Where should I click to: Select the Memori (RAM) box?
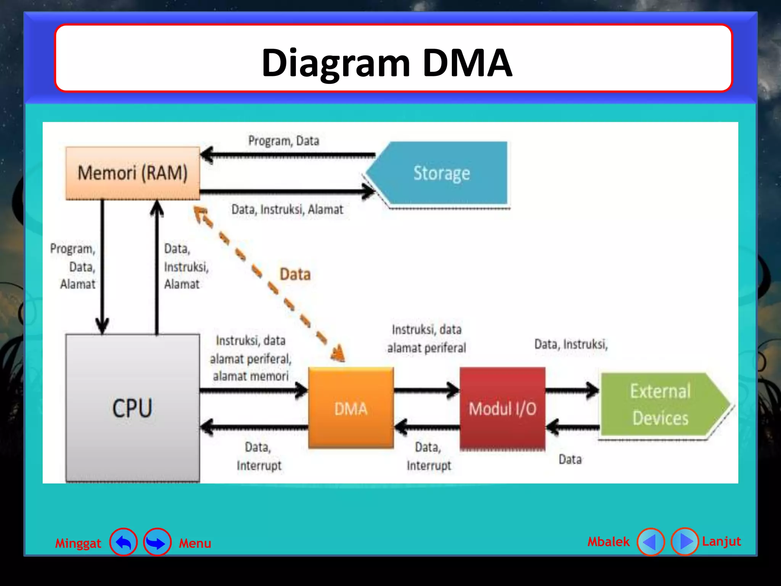point(132,173)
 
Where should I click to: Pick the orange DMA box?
point(350,408)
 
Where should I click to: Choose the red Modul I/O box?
point(502,408)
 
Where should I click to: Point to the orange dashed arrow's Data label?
point(295,274)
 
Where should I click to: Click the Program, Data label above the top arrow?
point(284,141)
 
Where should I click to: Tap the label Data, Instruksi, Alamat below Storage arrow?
point(287,209)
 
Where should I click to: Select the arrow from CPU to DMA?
point(254,390)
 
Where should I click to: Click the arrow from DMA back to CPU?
point(254,427)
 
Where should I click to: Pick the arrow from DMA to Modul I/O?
point(426,390)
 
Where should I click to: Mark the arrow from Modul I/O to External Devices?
point(572,390)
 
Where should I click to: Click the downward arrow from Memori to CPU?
point(102,267)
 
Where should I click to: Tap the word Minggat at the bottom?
point(78,543)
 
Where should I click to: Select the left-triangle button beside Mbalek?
point(651,541)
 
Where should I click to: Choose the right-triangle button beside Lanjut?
point(685,541)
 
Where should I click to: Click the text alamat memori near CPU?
point(251,377)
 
